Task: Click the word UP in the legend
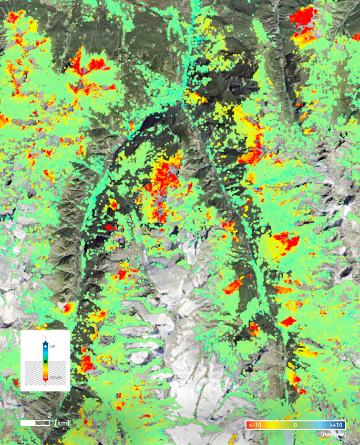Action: [x=53, y=346]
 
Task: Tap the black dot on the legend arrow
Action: [x=46, y=362]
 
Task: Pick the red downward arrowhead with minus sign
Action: [x=46, y=378]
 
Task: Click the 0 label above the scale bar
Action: [x=22, y=415]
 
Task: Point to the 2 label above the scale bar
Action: [x=49, y=415]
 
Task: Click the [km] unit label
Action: [x=62, y=422]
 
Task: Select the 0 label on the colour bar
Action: [x=295, y=425]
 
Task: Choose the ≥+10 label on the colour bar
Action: [x=336, y=425]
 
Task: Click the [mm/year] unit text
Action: [x=333, y=434]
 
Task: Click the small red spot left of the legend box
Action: [x=68, y=307]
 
